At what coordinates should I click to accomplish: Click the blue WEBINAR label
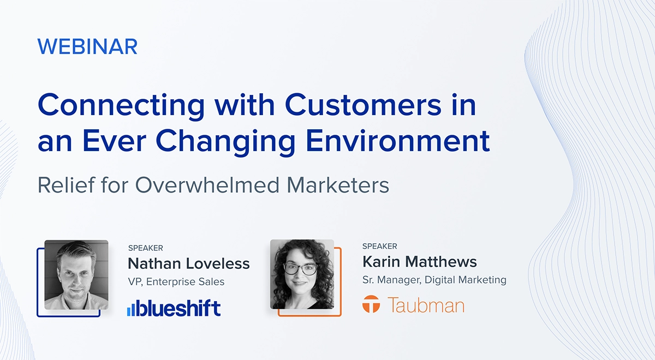click(87, 47)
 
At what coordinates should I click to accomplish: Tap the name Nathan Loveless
click(188, 264)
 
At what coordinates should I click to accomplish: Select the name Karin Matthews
click(419, 262)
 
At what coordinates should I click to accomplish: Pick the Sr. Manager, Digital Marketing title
click(434, 280)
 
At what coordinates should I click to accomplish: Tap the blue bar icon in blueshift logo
click(131, 309)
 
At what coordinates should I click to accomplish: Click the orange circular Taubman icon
click(371, 304)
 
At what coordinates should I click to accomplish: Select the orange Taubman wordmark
click(426, 304)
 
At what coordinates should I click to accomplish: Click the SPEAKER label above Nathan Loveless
click(145, 248)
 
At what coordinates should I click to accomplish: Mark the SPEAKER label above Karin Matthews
click(379, 247)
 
